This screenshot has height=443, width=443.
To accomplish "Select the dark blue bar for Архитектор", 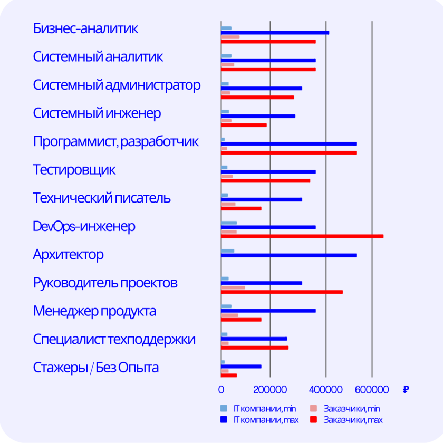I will [x=288, y=255].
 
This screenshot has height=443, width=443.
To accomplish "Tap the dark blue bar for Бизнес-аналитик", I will [x=275, y=33].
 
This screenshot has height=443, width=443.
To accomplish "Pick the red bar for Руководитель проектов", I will [x=282, y=292].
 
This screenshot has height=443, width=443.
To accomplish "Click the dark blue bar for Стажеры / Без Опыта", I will [x=241, y=366].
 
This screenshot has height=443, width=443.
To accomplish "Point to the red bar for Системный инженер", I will [x=244, y=125].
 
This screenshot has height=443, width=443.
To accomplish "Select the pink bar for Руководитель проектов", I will [x=233, y=287].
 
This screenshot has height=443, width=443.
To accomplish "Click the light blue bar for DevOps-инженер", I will [x=229, y=223].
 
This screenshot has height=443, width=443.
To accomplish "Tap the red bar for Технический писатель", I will [x=241, y=208].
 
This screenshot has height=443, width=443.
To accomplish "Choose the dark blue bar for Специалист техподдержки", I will [x=254, y=339].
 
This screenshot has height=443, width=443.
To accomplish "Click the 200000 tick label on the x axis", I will [x=270, y=389].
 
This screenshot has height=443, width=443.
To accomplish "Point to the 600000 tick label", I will [x=372, y=389].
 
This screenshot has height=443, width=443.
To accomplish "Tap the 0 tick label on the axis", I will [x=221, y=389].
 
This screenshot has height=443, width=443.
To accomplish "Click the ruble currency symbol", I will [x=406, y=390].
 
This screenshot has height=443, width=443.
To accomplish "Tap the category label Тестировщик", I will [x=74, y=170].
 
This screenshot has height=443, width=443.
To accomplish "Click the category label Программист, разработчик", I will [x=115, y=142].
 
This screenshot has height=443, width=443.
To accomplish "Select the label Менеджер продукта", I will [x=94, y=311].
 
